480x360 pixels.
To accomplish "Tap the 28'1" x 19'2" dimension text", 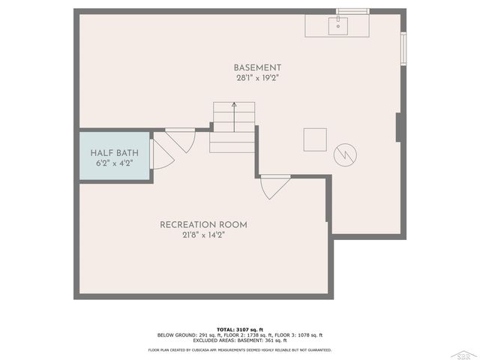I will [257, 76].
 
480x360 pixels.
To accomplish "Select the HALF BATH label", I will [113, 152].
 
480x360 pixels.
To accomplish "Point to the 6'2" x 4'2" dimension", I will [113, 163].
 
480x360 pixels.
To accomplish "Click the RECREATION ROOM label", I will [203, 224].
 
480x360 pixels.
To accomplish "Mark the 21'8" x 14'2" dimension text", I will [203, 235].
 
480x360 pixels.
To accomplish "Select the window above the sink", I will [352, 11].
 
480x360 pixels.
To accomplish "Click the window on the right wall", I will [403, 49].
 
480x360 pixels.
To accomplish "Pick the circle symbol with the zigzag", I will [345, 154].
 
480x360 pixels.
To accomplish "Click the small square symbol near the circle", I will [315, 139].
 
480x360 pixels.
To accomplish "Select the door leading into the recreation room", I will [274, 185].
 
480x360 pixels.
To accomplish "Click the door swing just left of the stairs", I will [181, 139].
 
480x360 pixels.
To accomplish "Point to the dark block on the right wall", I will [398, 127].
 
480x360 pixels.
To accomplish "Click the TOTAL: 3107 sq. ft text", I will [239, 329].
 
